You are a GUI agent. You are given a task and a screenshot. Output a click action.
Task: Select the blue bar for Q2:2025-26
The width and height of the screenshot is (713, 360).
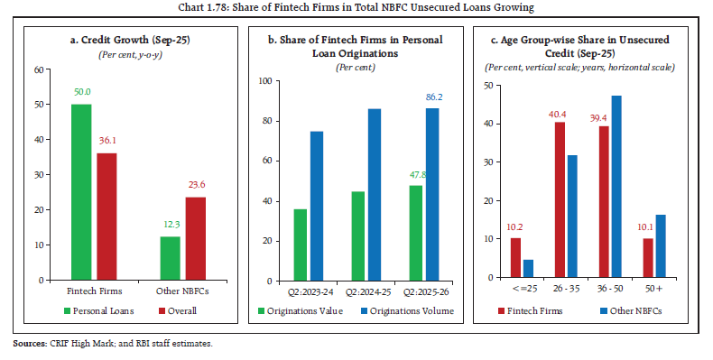431,194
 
